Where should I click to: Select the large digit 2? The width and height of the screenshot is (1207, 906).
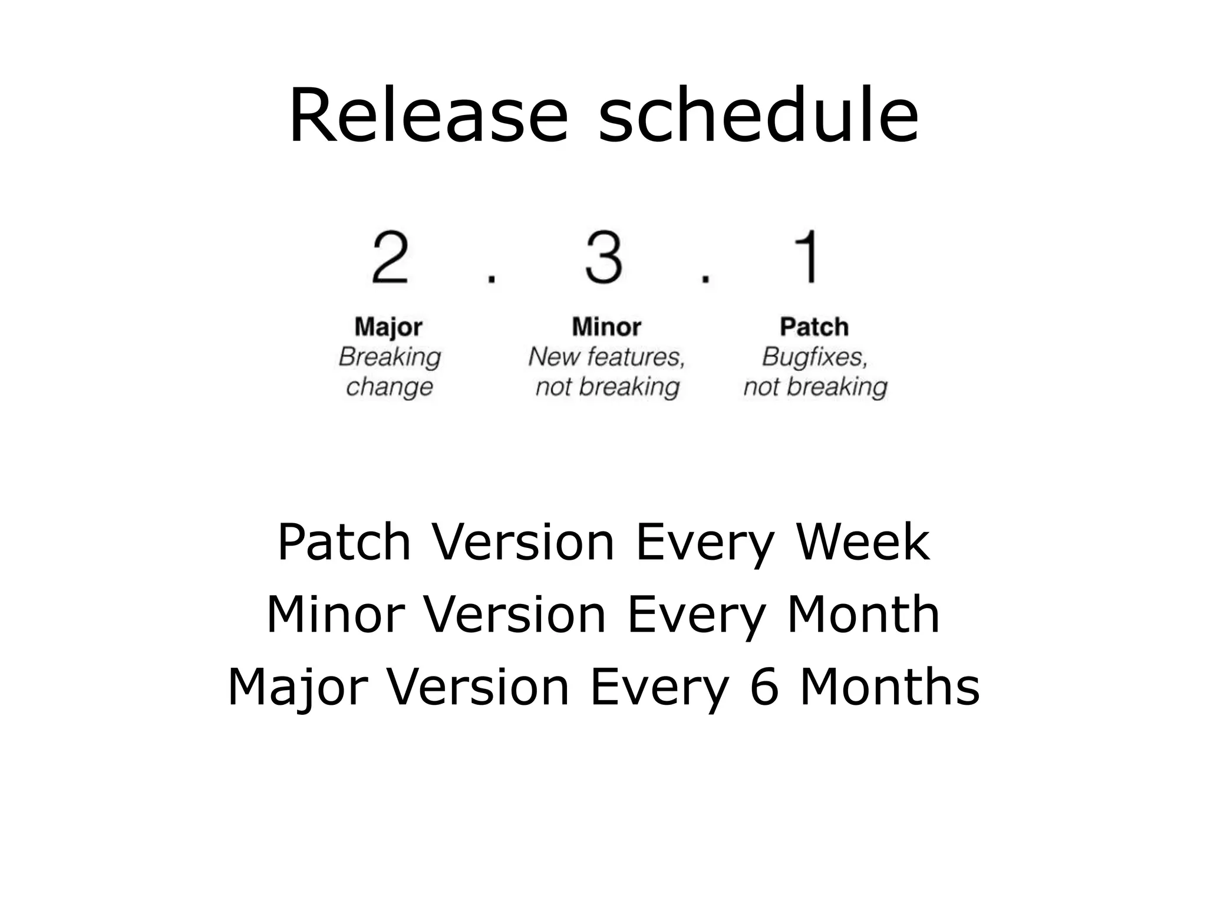coord(390,258)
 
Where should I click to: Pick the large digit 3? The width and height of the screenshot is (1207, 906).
coord(603,258)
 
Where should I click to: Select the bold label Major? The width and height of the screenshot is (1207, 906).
coord(388,327)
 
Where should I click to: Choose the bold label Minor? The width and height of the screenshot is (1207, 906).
coord(606,327)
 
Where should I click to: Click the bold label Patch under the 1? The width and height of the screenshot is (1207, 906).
coord(814,327)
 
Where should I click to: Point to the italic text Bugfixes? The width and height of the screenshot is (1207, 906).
coord(814,357)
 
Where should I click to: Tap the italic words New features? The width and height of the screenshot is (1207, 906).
coord(606,357)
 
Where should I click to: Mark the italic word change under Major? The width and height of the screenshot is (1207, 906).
coord(390,388)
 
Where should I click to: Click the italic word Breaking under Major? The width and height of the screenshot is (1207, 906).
coord(390,357)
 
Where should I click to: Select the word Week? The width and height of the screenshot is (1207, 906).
coord(863,542)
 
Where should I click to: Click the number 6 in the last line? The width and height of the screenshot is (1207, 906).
coord(764,687)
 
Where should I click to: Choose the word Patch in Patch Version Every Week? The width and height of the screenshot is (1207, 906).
coord(344,542)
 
